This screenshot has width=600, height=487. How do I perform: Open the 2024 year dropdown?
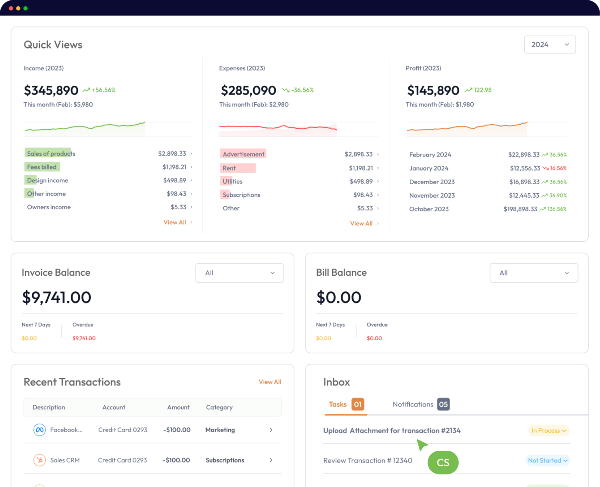[x=550, y=45]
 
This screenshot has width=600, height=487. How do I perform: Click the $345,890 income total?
[x=51, y=91]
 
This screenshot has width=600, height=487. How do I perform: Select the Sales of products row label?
[x=51, y=153]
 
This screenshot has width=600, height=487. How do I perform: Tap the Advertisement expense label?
[x=243, y=154]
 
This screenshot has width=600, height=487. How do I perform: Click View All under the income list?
[x=175, y=222]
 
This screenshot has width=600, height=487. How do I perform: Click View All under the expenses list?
[x=361, y=223]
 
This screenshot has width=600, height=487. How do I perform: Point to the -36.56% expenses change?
[x=302, y=90]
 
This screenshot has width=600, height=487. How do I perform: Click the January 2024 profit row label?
[x=429, y=168]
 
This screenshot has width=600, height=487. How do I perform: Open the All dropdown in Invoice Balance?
[x=239, y=273]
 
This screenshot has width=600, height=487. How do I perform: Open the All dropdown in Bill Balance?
[x=534, y=273]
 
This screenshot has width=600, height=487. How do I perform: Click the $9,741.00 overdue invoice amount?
[x=84, y=338]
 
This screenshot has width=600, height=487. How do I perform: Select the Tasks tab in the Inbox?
[x=337, y=404]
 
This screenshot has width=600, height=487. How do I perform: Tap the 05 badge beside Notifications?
[x=443, y=404]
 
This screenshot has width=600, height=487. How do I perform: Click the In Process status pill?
[x=548, y=431]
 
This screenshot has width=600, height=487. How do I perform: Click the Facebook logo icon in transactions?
[x=39, y=430]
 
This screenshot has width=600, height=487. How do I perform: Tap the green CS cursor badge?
[x=443, y=462]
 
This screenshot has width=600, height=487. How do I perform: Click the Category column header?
[x=219, y=407]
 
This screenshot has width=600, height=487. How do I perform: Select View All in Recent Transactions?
[x=270, y=382]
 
